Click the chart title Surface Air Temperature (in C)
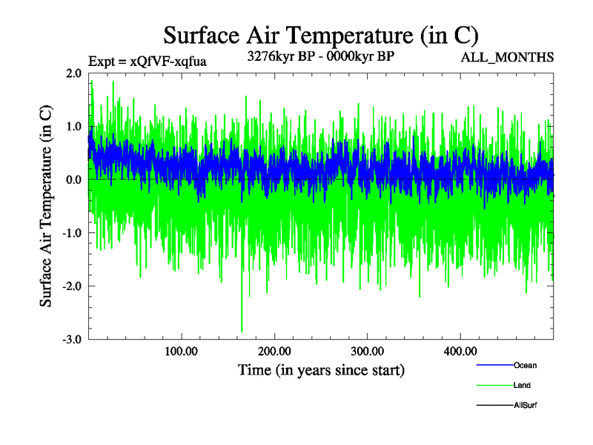pos(320,36)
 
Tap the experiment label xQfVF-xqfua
pos(147,62)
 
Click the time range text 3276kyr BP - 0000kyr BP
pos(320,56)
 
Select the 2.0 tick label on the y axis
pos(73,73)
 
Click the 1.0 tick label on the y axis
pos(73,127)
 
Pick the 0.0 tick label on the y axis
pos(73,180)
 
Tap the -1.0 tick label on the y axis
pos(71,233)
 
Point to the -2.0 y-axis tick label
pos(71,286)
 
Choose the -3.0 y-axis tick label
pos(71,340)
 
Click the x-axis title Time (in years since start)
pos(321,369)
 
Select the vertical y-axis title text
pos(46,206)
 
